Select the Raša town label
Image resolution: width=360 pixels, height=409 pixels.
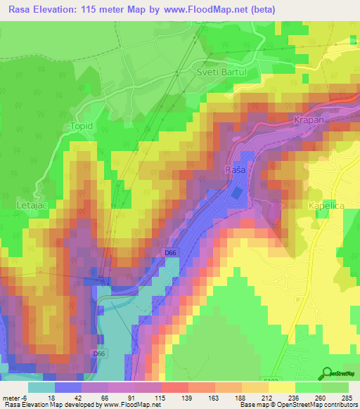[235, 171]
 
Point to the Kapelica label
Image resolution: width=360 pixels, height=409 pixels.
[324, 205]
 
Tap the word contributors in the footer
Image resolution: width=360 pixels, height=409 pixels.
[340, 405]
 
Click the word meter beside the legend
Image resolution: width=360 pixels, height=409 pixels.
[11, 397]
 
